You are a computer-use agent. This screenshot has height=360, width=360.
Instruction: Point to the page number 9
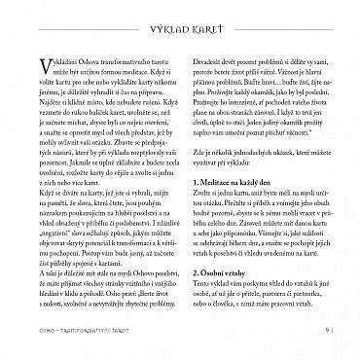coord(331,340)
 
